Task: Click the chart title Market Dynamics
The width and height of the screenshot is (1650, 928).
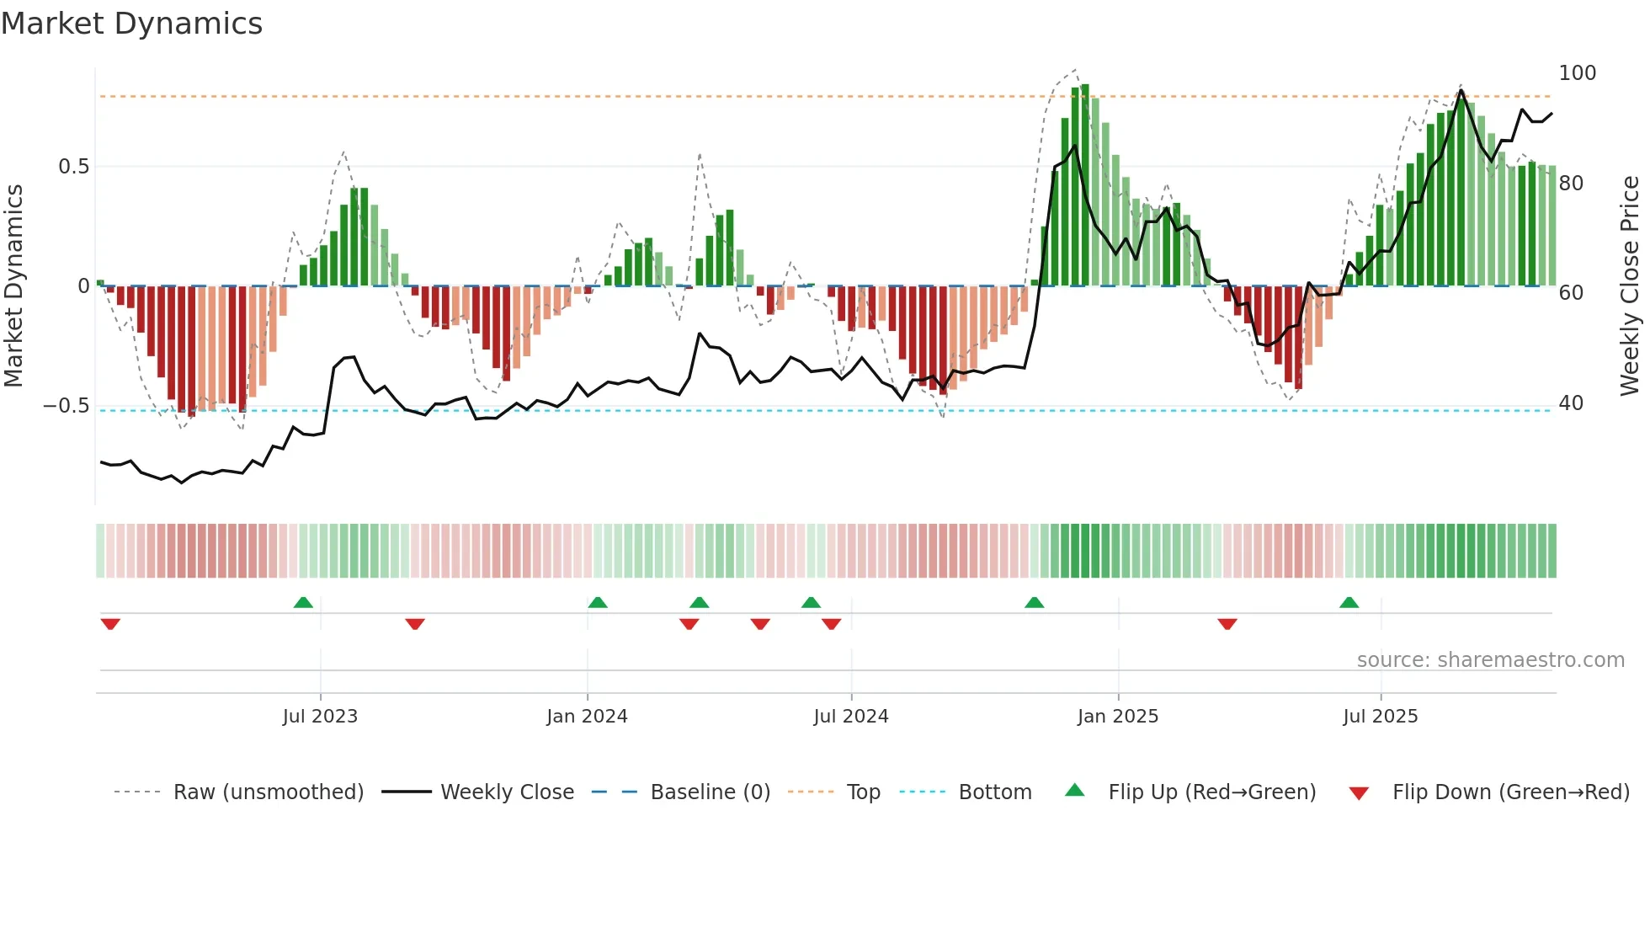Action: [x=131, y=24]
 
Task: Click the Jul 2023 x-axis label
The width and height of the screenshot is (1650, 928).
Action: [x=320, y=717]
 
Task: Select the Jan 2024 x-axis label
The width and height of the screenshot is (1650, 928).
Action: [x=587, y=717]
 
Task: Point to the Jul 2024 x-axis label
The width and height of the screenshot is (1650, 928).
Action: [x=850, y=717]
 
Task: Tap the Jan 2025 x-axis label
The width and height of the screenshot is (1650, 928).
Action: [x=1117, y=717]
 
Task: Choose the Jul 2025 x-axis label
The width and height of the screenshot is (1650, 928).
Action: [x=1380, y=717]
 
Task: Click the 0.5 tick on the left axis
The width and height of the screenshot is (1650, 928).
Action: [x=73, y=167]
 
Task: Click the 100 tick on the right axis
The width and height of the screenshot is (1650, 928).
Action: [x=1577, y=73]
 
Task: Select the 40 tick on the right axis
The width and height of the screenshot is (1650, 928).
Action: [x=1571, y=403]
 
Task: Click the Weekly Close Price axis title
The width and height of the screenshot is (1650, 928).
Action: [x=1630, y=286]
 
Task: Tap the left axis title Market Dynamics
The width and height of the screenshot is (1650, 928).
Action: [x=13, y=286]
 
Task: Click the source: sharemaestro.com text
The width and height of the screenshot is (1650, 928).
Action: [x=1490, y=660]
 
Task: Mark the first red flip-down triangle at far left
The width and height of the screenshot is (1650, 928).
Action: [x=110, y=624]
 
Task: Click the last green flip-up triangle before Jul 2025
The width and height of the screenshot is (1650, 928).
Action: [x=1349, y=602]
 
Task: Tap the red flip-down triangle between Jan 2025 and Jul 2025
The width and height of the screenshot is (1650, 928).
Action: [x=1227, y=624]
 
